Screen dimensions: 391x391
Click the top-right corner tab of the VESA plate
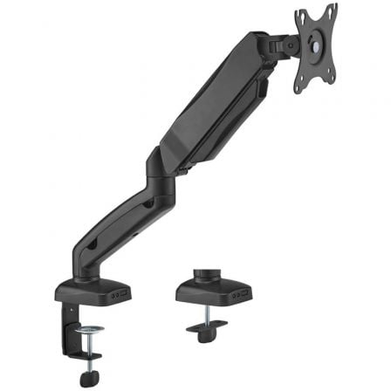click(x=333, y=9)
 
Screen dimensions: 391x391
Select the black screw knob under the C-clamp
click(x=89, y=377)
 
